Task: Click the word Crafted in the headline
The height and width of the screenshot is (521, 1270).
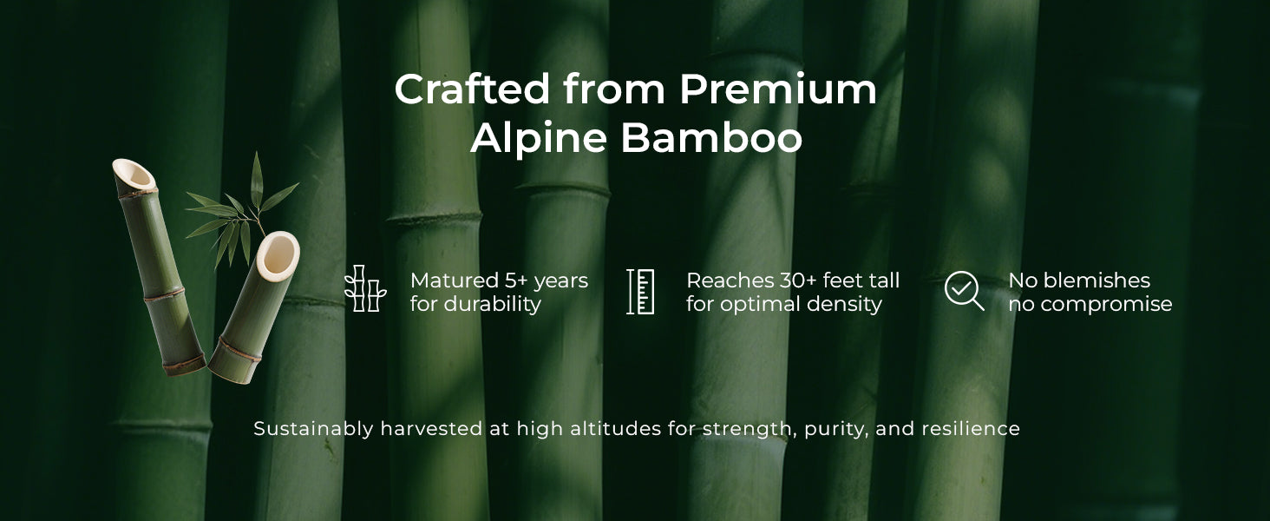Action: click(472, 89)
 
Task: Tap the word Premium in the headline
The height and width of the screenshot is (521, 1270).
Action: click(778, 89)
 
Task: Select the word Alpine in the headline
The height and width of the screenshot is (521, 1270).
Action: click(539, 138)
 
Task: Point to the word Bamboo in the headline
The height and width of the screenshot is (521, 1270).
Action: click(711, 137)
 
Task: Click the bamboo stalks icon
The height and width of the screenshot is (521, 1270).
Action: click(365, 288)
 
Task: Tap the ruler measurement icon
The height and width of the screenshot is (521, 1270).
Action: click(640, 292)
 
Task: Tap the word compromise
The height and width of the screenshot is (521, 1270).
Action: click(1106, 305)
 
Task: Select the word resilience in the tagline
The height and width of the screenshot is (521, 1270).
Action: click(971, 428)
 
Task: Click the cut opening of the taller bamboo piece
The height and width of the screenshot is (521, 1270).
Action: click(134, 176)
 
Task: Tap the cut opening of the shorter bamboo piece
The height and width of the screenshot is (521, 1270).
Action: click(278, 256)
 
